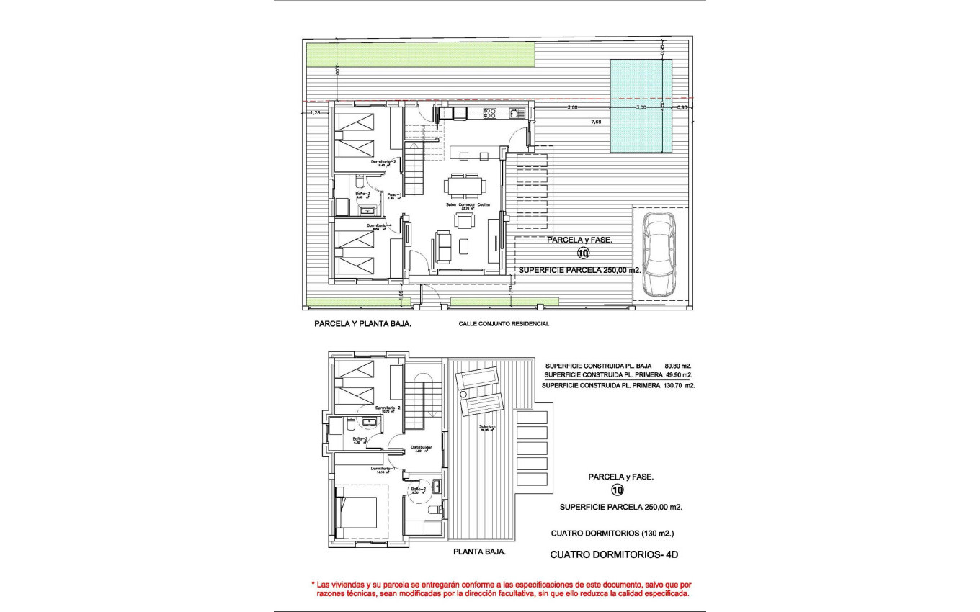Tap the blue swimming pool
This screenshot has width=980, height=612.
(641, 106)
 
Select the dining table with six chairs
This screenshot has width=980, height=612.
(465, 186)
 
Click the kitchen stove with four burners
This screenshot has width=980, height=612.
(489, 113)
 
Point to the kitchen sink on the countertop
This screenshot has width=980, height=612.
(516, 113)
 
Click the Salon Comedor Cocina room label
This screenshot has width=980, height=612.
(467, 205)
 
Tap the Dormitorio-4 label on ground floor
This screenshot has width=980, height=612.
(379, 225)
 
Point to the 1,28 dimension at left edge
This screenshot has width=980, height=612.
(315, 112)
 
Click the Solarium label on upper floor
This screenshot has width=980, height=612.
(487, 426)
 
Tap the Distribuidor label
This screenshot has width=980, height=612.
(421, 447)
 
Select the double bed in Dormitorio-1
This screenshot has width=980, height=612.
(358, 512)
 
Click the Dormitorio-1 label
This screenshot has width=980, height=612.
(382, 469)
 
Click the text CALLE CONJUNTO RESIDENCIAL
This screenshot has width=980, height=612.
(504, 324)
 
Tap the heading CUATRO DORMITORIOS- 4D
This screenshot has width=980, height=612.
(614, 554)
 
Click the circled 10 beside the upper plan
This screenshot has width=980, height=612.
(583, 253)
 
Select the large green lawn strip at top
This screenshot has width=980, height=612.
(420, 54)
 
